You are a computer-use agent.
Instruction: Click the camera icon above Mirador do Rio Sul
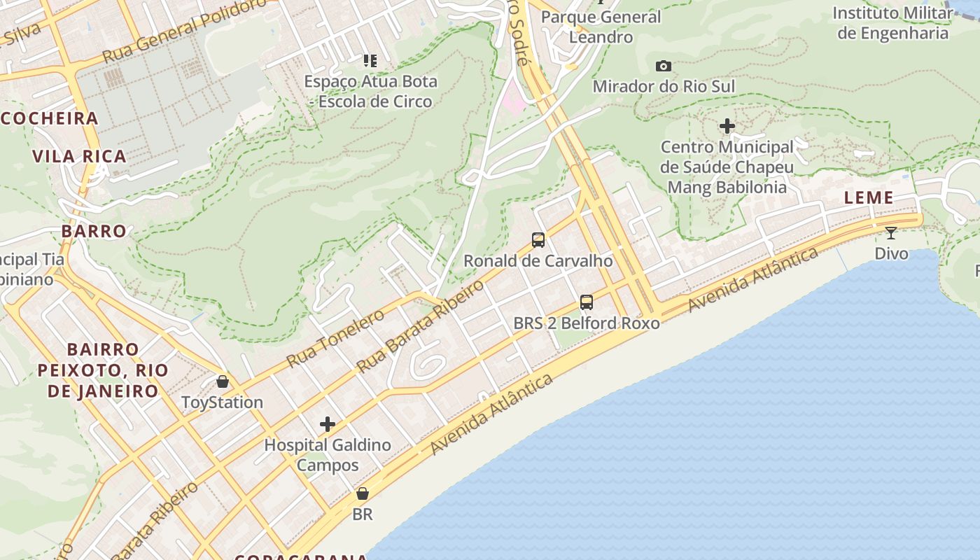coord(663,66)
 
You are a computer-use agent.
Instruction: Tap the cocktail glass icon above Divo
coord(890,232)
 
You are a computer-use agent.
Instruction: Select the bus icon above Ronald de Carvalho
coord(538,240)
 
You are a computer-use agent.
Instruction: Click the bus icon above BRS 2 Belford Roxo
coord(586,302)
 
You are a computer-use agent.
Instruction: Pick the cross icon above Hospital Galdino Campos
coord(327,424)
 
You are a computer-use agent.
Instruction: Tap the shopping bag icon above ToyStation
coord(222,381)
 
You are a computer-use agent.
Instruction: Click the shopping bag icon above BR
coord(362,493)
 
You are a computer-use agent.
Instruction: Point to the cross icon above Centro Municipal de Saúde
coord(727,127)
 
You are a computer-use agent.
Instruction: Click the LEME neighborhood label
coord(869,198)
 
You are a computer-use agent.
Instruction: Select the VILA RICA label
coord(80,156)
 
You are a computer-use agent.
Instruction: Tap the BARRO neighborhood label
coord(94,231)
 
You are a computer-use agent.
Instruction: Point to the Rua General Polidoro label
coord(185,31)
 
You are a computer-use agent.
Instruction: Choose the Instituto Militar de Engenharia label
coord(892,22)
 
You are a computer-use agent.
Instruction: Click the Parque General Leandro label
coord(601,27)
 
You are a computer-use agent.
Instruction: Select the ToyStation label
coord(222,402)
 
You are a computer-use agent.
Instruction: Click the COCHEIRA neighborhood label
coord(49,118)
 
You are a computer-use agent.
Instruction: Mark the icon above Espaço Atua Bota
coord(370,61)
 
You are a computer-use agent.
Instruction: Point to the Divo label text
coord(891,253)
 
